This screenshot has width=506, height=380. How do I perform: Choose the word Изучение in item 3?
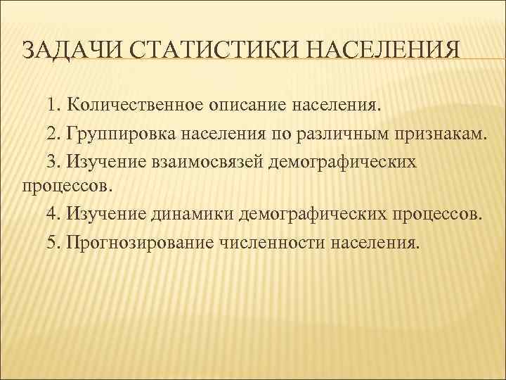(x=104, y=161)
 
